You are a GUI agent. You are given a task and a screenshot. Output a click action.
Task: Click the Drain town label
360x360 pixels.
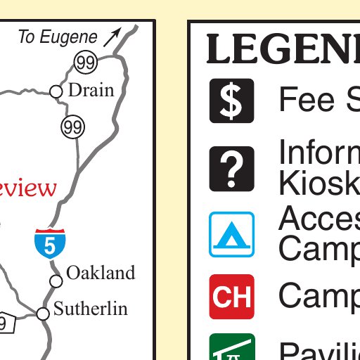pos(91,91)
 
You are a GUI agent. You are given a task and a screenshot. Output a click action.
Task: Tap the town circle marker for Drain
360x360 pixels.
pos(56,91)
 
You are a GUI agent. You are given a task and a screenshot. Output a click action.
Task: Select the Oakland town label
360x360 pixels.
pos(100,273)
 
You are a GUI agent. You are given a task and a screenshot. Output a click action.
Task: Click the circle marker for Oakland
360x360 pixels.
pos(56,281)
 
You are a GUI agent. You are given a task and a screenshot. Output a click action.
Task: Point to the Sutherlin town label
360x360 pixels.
pos(91,308)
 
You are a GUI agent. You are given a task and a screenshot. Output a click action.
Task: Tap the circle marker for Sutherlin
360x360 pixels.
pos(43,314)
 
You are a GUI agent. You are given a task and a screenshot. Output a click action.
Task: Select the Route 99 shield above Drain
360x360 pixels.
pos(85,63)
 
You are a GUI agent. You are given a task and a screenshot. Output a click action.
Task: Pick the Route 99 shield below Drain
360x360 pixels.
pos(72,127)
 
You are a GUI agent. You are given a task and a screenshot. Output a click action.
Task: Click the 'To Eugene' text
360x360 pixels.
pos(58,37)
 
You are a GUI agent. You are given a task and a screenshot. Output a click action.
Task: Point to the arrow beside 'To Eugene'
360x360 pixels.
pos(112,37)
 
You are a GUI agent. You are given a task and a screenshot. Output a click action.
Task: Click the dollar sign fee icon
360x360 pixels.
pos(231,101)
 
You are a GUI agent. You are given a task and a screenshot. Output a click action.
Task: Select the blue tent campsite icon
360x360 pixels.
pos(231,234)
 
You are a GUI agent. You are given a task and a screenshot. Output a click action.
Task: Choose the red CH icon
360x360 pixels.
pos(231,297)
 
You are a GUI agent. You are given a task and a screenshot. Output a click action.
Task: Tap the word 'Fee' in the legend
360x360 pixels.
pos(307,101)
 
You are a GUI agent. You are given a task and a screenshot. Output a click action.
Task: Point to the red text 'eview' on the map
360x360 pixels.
pos(27,188)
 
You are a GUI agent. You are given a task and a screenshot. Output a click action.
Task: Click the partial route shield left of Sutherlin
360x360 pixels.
pos(6,323)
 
